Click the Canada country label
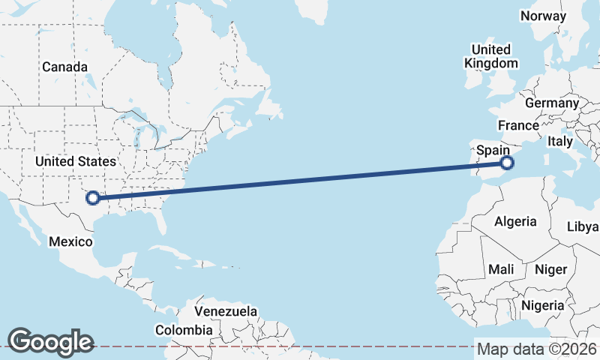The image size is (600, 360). (x=64, y=67)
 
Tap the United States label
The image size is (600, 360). (x=76, y=161)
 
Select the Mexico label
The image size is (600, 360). (x=70, y=241)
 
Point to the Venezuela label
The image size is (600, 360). (x=225, y=311)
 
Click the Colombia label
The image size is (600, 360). (x=184, y=330)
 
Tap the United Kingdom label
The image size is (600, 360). (x=491, y=56)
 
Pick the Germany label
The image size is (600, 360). (x=552, y=103)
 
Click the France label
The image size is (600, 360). (x=518, y=125)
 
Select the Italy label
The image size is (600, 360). (x=559, y=141)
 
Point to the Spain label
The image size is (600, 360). (x=493, y=150)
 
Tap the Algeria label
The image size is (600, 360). (x=515, y=221)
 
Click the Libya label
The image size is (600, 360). (x=583, y=226)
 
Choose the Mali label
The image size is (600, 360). (x=500, y=268)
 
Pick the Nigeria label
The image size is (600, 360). (x=542, y=305)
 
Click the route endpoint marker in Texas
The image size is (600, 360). (x=93, y=198)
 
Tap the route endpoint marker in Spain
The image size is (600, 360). (x=507, y=162)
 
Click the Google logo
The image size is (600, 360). (x=50, y=342)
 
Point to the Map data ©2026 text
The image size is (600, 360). (x=536, y=349)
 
